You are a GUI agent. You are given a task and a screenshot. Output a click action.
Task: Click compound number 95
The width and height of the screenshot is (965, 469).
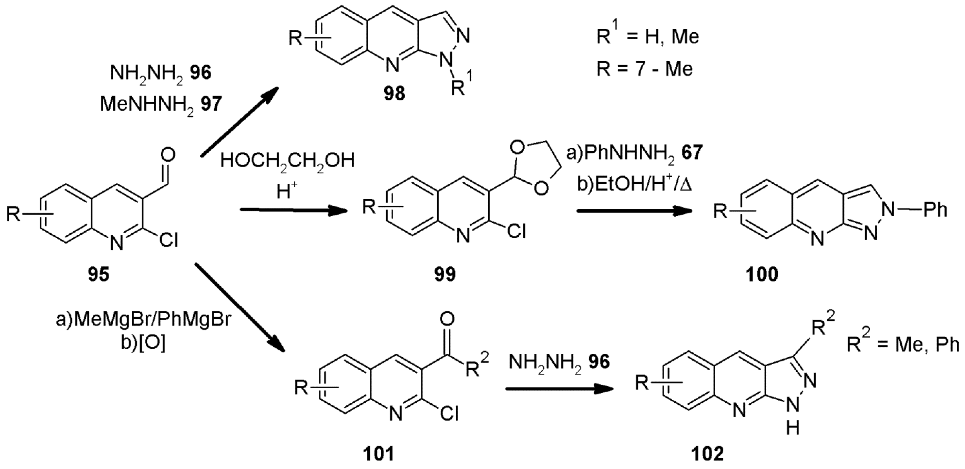tap(98, 275)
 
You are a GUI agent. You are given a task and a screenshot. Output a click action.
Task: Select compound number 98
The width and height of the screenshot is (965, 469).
tap(394, 93)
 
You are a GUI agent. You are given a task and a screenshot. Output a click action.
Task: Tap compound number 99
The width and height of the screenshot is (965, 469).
tap(445, 275)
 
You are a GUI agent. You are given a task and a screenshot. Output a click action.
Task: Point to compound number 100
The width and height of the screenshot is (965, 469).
tap(761, 275)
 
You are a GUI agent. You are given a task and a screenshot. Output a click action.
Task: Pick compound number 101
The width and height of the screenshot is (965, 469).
tap(378, 454)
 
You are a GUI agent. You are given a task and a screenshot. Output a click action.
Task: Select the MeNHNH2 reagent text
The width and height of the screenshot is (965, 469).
tap(146, 105)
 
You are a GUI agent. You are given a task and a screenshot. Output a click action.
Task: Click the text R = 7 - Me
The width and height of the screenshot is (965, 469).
tap(644, 69)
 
